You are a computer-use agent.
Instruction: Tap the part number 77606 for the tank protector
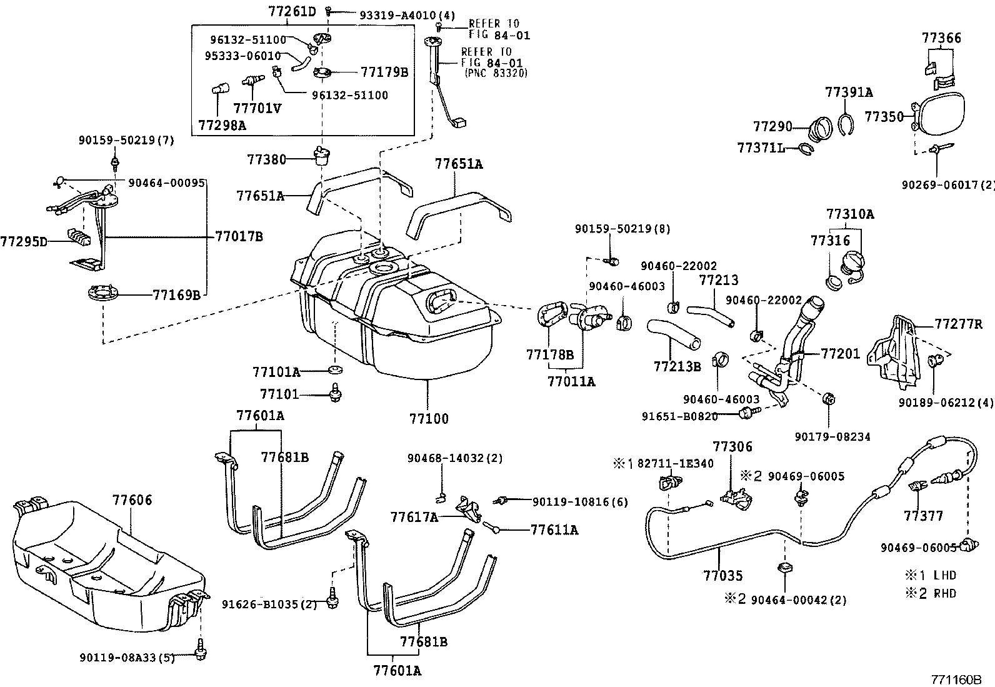point(132,500)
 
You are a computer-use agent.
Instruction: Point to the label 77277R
point(958,324)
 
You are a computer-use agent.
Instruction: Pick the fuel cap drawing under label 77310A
point(853,262)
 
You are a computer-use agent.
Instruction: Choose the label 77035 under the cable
point(722,575)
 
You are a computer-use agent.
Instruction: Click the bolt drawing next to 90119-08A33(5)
point(201,651)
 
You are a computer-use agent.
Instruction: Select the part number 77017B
point(239,236)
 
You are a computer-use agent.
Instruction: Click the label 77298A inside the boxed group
point(222,124)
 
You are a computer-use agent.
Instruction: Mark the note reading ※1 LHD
point(931,575)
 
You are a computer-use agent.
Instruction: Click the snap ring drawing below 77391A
point(845,124)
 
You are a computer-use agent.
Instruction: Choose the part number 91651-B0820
point(679,416)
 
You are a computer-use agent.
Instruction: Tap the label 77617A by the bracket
point(414,516)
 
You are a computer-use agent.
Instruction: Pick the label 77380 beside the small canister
point(266,159)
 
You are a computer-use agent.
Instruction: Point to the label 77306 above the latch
point(732,446)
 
